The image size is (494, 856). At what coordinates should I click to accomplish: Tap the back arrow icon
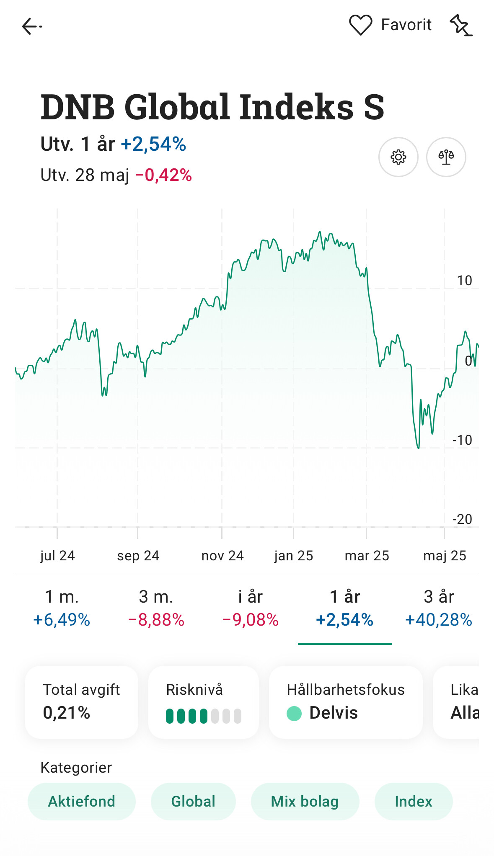pos(32,26)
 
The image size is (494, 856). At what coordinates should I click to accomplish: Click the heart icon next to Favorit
pos(360,25)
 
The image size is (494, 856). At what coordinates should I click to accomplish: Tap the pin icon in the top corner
pos(461,26)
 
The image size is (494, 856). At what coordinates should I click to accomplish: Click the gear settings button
pos(398,157)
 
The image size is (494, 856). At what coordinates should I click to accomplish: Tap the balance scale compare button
pos(446,157)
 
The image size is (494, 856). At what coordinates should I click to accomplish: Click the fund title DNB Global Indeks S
pos(212,107)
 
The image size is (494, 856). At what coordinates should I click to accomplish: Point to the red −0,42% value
pos(163,175)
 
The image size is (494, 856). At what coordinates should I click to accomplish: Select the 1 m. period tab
pos(62,608)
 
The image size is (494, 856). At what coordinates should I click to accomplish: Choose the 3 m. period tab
pos(156,608)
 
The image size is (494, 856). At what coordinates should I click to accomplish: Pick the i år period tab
pos(250,608)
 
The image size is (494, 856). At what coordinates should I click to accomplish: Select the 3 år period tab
pos(439,608)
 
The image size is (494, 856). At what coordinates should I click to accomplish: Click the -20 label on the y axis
pos(462,519)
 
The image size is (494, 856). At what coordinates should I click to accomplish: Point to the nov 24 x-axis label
pos(222,556)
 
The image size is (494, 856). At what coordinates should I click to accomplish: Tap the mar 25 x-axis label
pos(367,556)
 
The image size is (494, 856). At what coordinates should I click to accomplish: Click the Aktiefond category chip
pos(82,801)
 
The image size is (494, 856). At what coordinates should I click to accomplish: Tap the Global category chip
pos(193,801)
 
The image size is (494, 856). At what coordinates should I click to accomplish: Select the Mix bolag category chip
pos(305,801)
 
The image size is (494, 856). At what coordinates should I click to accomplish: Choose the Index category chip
pos(413,801)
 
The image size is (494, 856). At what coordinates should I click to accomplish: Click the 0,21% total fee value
pos(67,713)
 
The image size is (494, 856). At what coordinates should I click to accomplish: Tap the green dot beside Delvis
pos(294,713)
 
